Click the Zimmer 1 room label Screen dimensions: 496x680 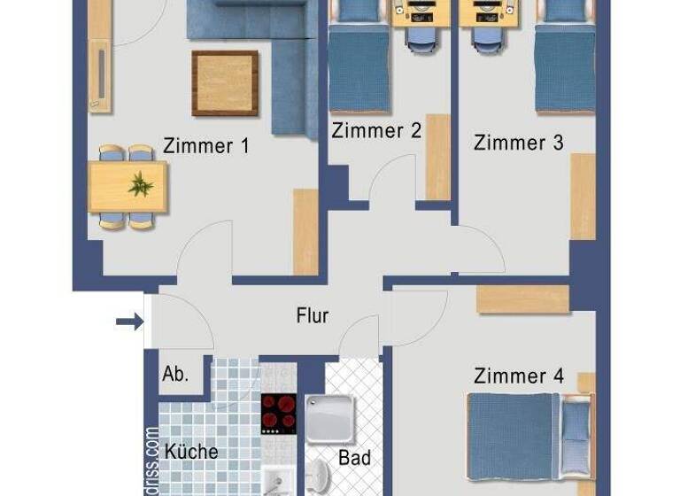pyautogui.click(x=206, y=146)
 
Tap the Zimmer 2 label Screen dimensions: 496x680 pyautogui.click(x=376, y=131)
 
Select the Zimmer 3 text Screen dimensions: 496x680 pyautogui.click(x=518, y=143)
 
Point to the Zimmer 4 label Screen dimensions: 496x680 pyautogui.click(x=519, y=376)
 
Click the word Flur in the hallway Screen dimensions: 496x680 pyautogui.click(x=312, y=315)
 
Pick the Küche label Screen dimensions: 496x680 pyautogui.click(x=191, y=452)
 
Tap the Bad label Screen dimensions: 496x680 pyautogui.click(x=354, y=459)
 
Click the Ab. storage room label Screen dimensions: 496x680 pyautogui.click(x=174, y=375)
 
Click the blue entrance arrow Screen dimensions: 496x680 pyautogui.click(x=128, y=321)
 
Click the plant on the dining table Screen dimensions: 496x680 pyautogui.click(x=140, y=186)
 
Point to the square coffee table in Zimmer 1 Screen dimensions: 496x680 pyautogui.click(x=225, y=83)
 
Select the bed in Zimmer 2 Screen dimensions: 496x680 pyautogui.click(x=359, y=66)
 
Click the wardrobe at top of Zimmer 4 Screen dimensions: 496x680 pyautogui.click(x=522, y=299)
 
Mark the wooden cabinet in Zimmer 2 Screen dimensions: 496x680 pyautogui.click(x=438, y=157)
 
